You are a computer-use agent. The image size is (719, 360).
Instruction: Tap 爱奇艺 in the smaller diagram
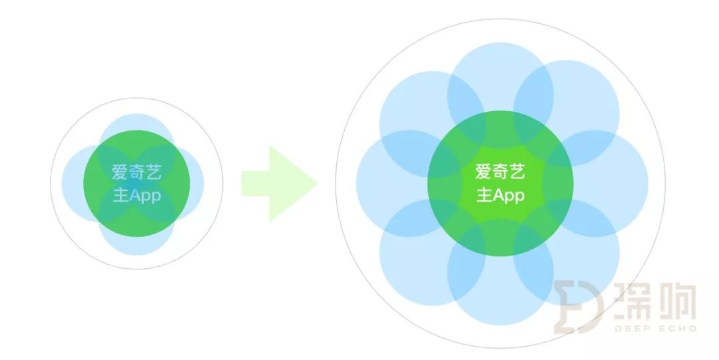136,172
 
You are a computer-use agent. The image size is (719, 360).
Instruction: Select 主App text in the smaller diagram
136,196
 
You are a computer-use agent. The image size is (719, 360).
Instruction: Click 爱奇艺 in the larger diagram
500,172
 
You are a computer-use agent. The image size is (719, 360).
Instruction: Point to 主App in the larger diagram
500,196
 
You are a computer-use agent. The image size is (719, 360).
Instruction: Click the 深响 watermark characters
655,301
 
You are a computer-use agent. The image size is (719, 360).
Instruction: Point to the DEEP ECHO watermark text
655,328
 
